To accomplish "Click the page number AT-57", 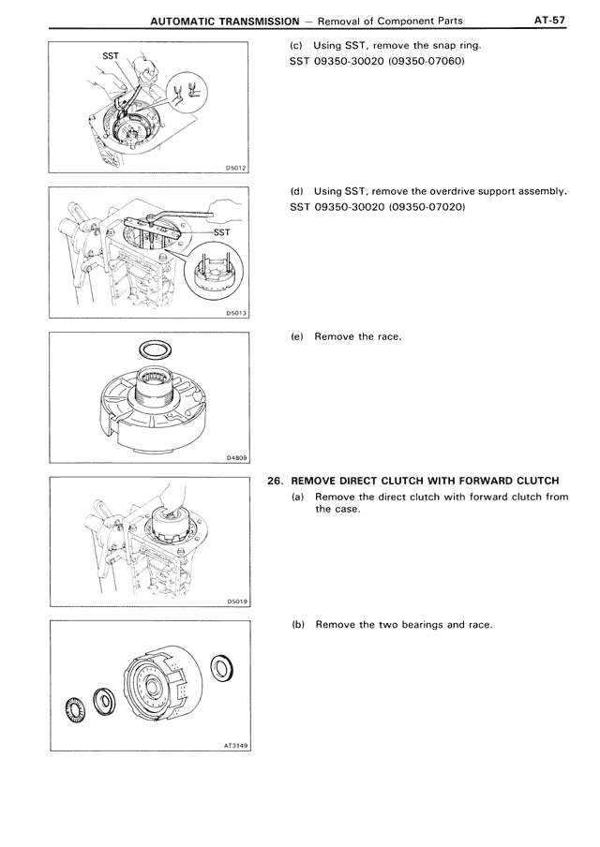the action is point(549,20).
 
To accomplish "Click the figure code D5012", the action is point(235,169).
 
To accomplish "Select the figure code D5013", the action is point(236,313).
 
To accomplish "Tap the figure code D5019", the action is point(237,602).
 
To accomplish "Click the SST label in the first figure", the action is point(111,55).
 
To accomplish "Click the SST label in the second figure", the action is point(221,232).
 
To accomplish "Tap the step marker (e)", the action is point(297,336).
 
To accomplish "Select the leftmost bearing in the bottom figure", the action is point(73,709).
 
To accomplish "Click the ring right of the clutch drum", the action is point(222,668).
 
